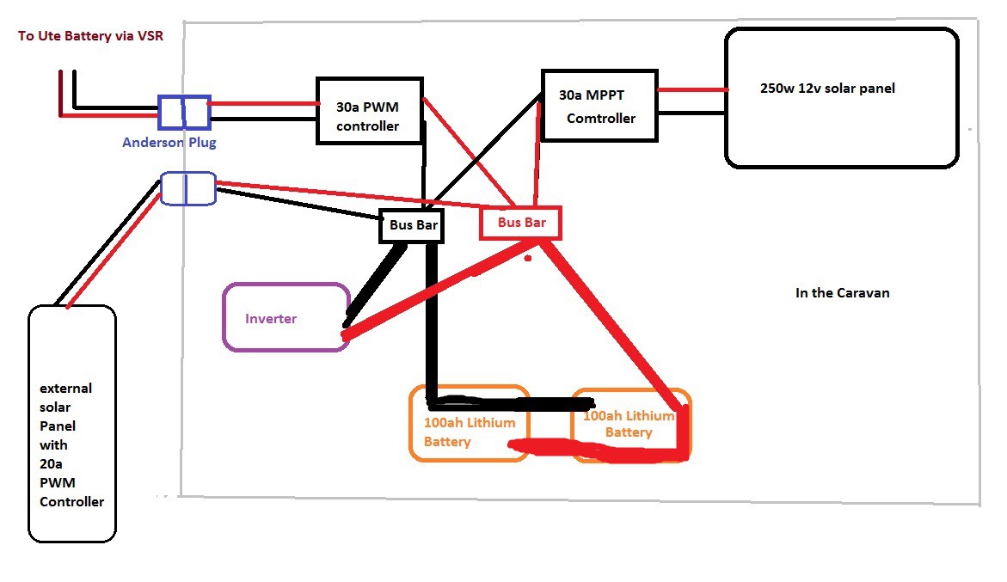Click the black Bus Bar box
tap(409, 227)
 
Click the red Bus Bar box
tap(520, 223)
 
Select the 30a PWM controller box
tap(370, 111)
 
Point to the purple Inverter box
tap(286, 317)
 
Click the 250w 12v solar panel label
tap(826, 88)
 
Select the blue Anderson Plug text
tap(169, 143)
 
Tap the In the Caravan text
tap(842, 293)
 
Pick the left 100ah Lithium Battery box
tap(469, 423)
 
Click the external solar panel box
tap(72, 423)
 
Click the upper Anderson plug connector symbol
tap(185, 112)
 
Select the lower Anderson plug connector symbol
tap(187, 188)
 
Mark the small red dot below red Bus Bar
tap(528, 257)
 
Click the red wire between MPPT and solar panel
tap(692, 89)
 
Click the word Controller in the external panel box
tap(71, 501)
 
